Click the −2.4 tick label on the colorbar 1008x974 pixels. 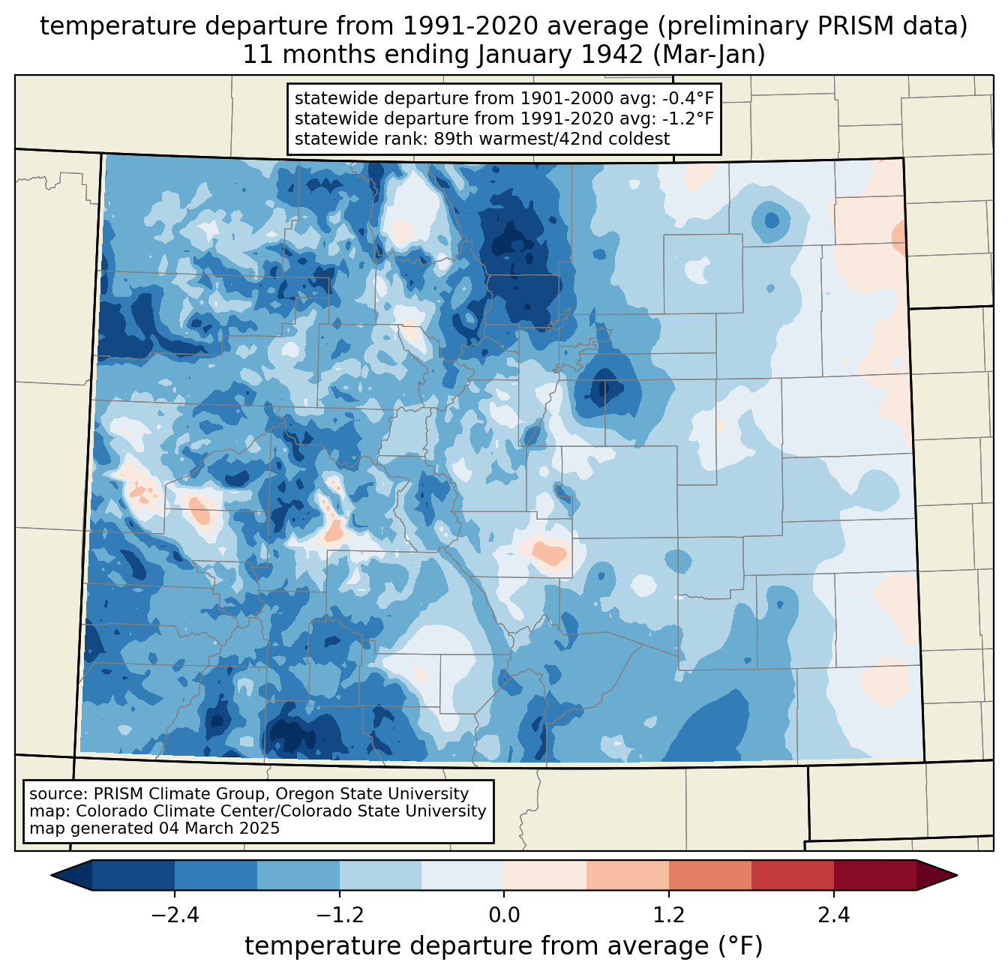(175, 916)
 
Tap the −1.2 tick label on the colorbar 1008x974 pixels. (339, 916)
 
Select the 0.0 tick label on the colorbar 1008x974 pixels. (504, 916)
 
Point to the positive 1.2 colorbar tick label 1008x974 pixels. (668, 916)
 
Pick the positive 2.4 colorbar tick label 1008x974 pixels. (833, 916)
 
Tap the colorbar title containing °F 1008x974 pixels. (503, 946)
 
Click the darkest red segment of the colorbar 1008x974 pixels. (874, 875)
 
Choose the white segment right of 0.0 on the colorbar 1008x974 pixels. (544, 875)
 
